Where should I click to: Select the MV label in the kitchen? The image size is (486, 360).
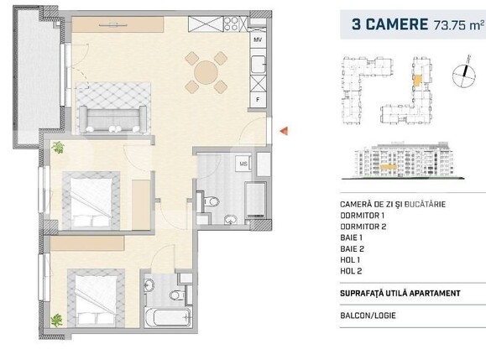259,39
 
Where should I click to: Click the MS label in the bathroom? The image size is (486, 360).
243,163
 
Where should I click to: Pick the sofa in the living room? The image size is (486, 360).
112,118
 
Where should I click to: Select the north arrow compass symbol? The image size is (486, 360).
460,75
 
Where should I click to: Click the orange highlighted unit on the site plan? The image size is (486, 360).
417,81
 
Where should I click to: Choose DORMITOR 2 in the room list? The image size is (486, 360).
363,227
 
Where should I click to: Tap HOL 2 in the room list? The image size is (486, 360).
352,273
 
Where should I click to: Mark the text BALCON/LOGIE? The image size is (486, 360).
368,316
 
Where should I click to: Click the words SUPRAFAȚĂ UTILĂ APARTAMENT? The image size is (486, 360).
400,293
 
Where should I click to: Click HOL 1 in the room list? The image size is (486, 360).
352,261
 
